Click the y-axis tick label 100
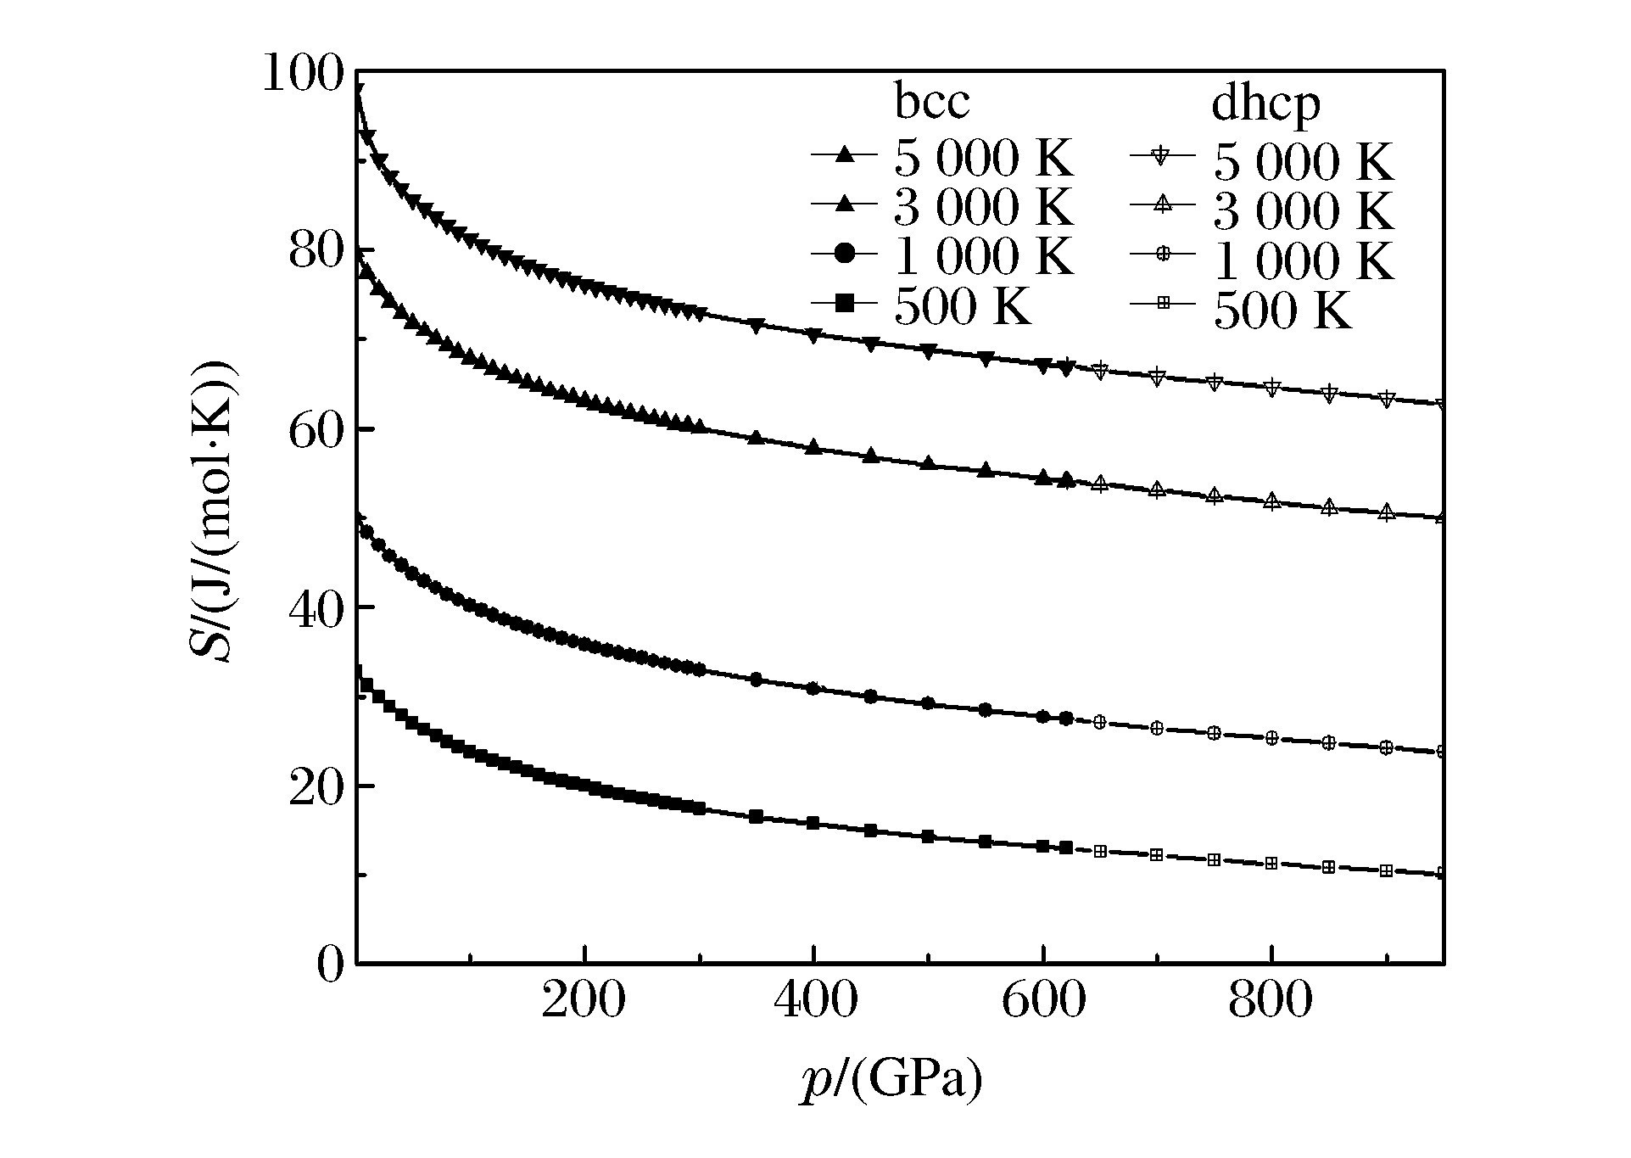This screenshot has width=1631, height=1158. [x=301, y=75]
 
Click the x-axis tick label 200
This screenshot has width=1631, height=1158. [x=584, y=1002]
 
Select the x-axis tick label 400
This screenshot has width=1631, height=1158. [x=813, y=1002]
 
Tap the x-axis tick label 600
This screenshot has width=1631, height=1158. [x=1043, y=1002]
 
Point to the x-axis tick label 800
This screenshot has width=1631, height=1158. [x=1271, y=1002]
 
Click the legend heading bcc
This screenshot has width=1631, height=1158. [x=931, y=103]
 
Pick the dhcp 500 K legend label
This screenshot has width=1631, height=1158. [x=1282, y=310]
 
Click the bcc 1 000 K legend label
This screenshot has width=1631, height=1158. [x=984, y=256]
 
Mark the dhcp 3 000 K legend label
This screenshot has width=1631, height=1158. [x=1303, y=209]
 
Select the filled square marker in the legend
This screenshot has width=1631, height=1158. [x=844, y=303]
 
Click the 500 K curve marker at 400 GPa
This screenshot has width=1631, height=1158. [x=813, y=823]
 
